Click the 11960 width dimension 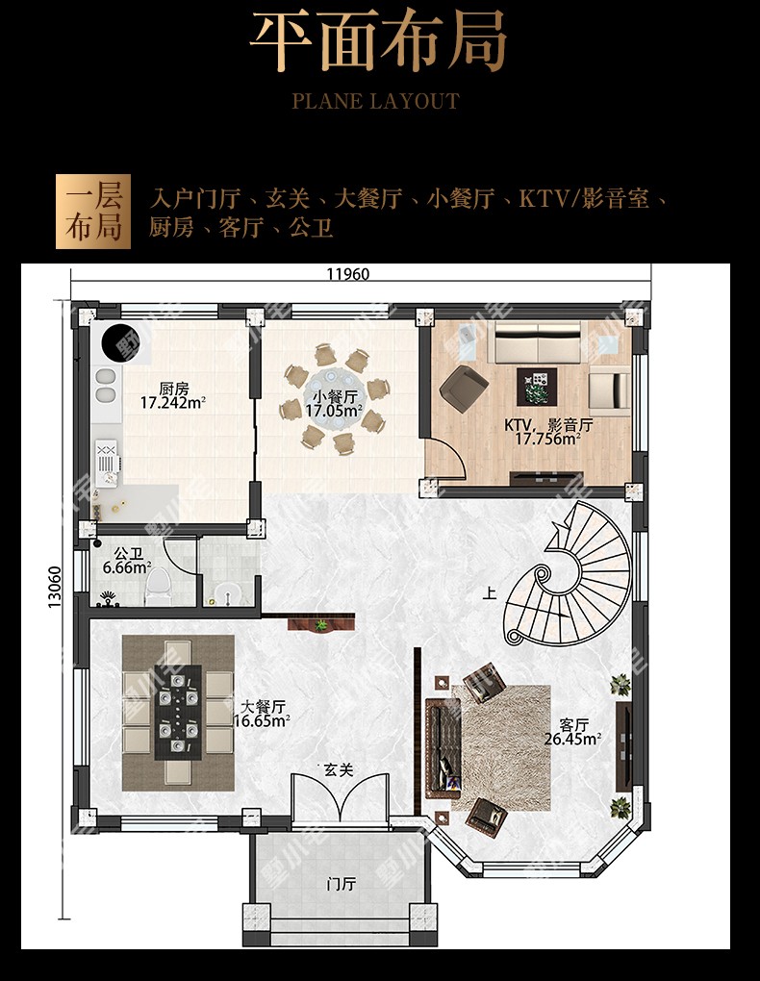click(x=348, y=274)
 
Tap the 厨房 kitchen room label click(x=173, y=390)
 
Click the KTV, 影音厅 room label click(x=548, y=425)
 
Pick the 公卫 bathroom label click(x=128, y=554)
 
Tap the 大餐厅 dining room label click(x=263, y=707)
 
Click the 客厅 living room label click(x=573, y=725)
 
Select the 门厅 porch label click(x=342, y=884)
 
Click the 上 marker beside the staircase click(x=490, y=591)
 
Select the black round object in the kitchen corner click(x=121, y=342)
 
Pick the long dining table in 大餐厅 click(x=178, y=713)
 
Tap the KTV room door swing click(x=446, y=458)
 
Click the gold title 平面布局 click(x=379, y=38)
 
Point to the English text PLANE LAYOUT click(x=375, y=101)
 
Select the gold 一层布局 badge click(x=93, y=212)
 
